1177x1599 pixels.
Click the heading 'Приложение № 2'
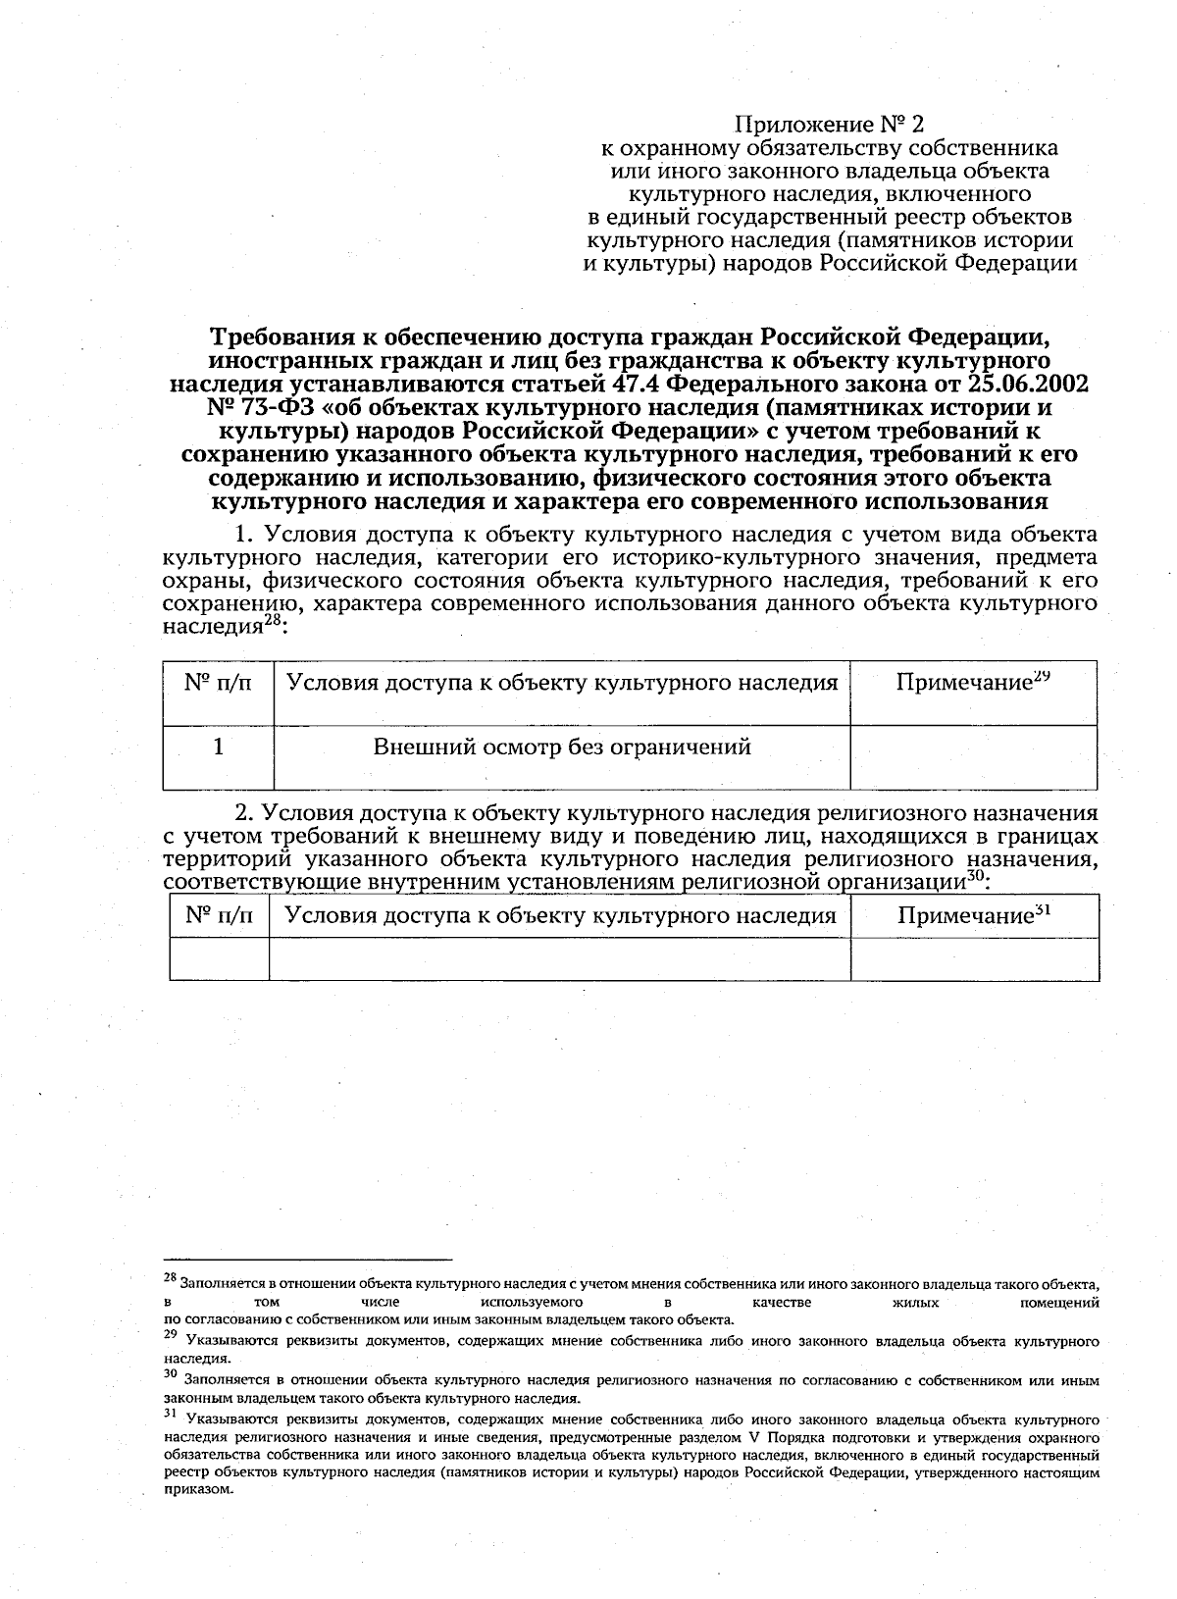[x=830, y=125]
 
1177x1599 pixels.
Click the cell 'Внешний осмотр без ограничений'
[x=562, y=748]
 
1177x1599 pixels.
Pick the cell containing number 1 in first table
[x=218, y=748]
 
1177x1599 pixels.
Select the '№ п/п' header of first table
[x=218, y=682]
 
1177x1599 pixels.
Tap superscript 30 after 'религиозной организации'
[x=975, y=877]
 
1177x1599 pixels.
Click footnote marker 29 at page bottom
[x=170, y=1335]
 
